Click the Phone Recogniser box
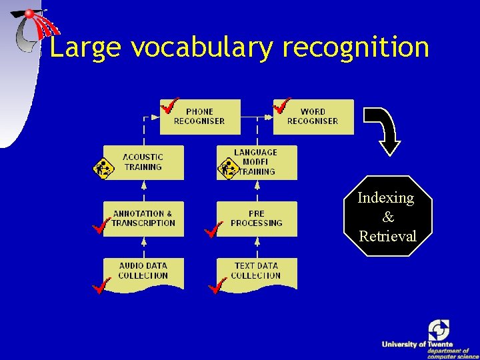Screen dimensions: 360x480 point(199,117)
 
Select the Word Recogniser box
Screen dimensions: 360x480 point(313,117)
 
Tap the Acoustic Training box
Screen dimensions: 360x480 point(143,162)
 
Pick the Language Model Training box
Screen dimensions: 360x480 point(257,162)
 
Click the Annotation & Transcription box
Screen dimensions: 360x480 point(143,219)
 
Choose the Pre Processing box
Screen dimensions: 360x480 point(257,219)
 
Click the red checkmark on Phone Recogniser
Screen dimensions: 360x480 point(170,105)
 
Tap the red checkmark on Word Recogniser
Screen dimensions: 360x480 point(283,105)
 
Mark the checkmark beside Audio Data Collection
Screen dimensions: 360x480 point(101,287)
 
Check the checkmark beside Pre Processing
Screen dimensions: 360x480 point(213,231)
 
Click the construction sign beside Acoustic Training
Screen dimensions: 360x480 point(103,168)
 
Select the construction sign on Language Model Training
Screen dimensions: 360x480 point(228,168)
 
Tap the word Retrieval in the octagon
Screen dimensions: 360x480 point(387,236)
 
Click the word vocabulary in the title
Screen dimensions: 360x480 point(204,47)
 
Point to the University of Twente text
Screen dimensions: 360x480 point(417,344)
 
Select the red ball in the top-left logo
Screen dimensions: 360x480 point(31,15)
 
